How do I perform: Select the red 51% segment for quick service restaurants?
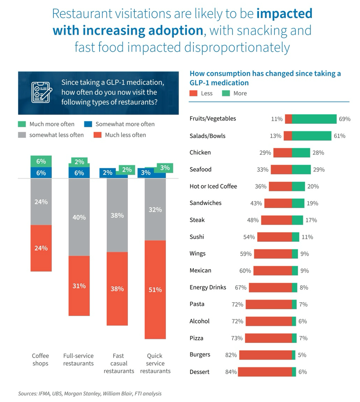[155, 290]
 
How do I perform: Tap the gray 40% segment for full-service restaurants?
[79, 217]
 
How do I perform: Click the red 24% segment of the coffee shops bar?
[41, 248]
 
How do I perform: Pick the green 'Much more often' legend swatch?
[22, 124]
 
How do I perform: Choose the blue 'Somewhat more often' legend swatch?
[88, 124]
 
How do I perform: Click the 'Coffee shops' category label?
[40, 359]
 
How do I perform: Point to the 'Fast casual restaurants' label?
[119, 363]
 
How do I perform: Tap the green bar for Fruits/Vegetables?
[314, 119]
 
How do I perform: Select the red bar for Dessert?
[265, 372]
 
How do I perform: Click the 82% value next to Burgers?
[231, 355]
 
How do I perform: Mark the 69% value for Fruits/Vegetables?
[344, 119]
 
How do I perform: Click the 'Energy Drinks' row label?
[208, 287]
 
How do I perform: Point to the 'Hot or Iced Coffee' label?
[213, 187]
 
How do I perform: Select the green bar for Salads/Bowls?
[312, 136]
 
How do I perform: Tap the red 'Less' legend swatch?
[193, 93]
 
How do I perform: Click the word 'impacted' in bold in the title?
[284, 14]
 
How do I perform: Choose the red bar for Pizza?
[269, 338]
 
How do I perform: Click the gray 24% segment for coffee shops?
[41, 202]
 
